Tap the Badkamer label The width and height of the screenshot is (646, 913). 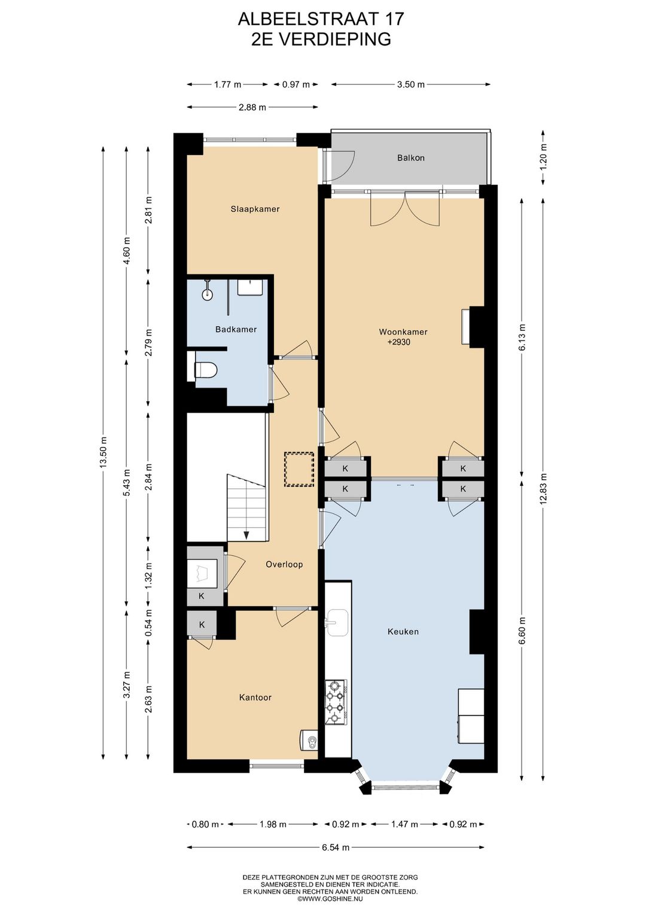tap(236, 329)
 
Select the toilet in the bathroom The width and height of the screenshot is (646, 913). tap(206, 370)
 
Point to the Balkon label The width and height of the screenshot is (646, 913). tap(411, 158)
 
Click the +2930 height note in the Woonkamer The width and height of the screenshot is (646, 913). tap(399, 342)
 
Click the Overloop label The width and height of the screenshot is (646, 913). tap(284, 565)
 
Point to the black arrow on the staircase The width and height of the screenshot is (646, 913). tap(246, 535)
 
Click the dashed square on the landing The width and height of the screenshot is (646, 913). tap(299, 469)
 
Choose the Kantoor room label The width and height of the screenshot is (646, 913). tap(255, 698)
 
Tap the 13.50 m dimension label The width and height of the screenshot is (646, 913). tap(104, 452)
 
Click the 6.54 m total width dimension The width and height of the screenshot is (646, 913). tap(336, 847)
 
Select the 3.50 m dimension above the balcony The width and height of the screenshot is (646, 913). tap(411, 84)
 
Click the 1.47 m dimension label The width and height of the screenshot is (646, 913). tap(404, 824)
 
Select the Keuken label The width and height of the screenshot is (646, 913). tap(403, 632)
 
